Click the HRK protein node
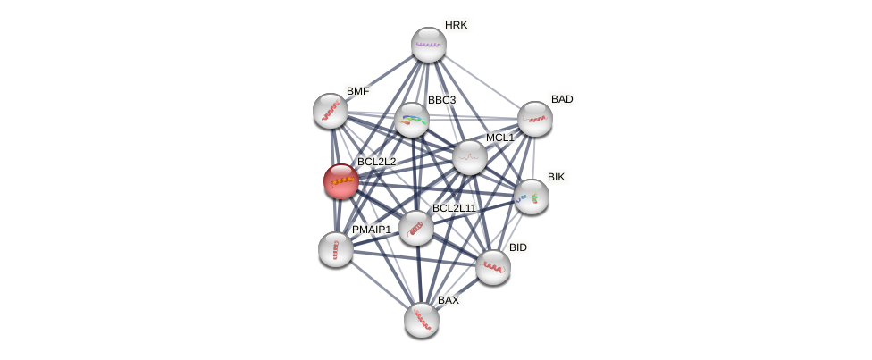[x=428, y=45]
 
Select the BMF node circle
[x=331, y=111]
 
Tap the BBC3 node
[x=412, y=120]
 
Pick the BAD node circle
[x=534, y=119]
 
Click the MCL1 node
[x=470, y=157]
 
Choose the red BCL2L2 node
[x=341, y=181]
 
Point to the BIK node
[x=531, y=197]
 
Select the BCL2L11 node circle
[x=416, y=228]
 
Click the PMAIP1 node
[x=336, y=249]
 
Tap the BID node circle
[x=492, y=267]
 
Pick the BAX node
[x=422, y=320]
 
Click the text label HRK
[x=456, y=25]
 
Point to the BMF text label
[x=357, y=91]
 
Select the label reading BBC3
[x=441, y=100]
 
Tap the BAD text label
[x=562, y=99]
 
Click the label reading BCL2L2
[x=376, y=162]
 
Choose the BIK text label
[x=556, y=177]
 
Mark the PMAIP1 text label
[x=371, y=230]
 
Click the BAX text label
[x=448, y=300]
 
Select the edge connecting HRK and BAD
[x=482, y=82]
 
